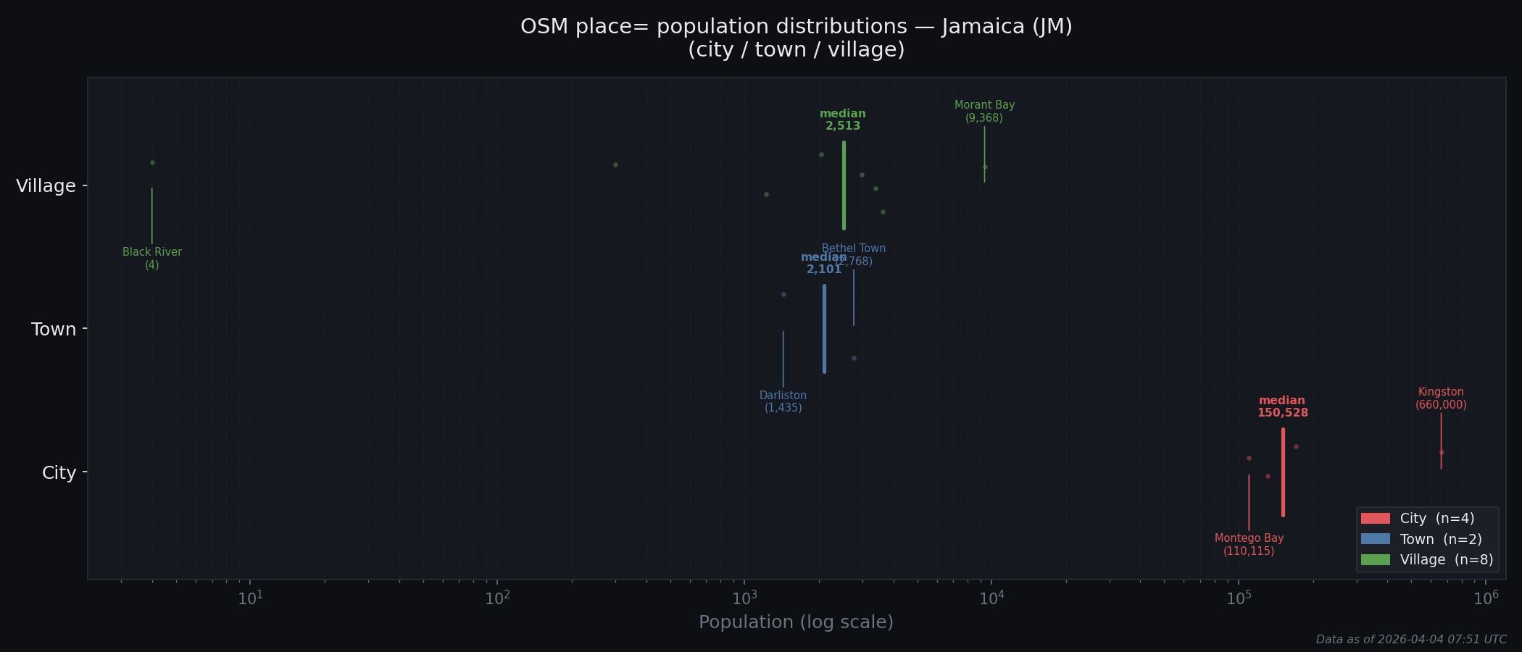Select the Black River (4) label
pyautogui.click(x=152, y=259)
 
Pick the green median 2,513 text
pyautogui.click(x=843, y=120)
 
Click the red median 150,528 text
pyautogui.click(x=1282, y=407)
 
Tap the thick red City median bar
pyautogui.click(x=1283, y=472)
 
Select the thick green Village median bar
pyautogui.click(x=844, y=185)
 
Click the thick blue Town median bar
pyautogui.click(x=824, y=329)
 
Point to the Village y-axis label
pyautogui.click(x=46, y=186)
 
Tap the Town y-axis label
pyautogui.click(x=53, y=330)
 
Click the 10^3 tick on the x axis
pyautogui.click(x=744, y=598)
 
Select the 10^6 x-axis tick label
pyautogui.click(x=1486, y=598)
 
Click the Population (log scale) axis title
pyautogui.click(x=796, y=622)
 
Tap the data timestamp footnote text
pyautogui.click(x=1410, y=640)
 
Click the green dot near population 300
pyautogui.click(x=615, y=165)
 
